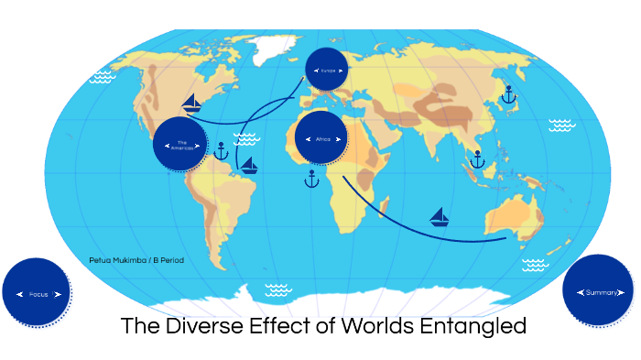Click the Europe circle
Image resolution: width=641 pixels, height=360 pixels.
[327, 70]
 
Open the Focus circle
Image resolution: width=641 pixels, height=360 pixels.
[37, 293]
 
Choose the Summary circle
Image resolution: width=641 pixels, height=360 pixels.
[598, 291]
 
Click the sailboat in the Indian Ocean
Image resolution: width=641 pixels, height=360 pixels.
[440, 218]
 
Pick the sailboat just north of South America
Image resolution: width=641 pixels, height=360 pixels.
[247, 166]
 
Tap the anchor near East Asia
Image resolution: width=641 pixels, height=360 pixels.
[508, 93]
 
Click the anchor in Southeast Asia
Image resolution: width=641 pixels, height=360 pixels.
[476, 159]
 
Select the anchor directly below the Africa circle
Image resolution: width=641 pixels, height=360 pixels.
[311, 179]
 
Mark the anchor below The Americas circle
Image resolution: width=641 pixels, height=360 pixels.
[221, 151]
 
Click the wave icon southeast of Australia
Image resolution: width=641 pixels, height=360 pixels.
[534, 265]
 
